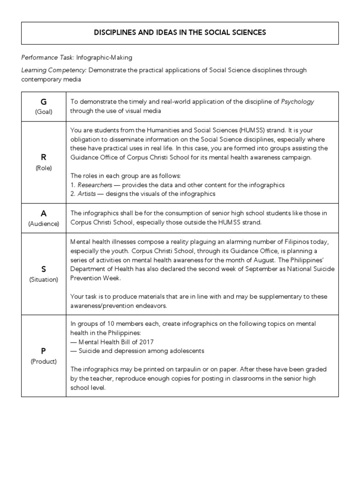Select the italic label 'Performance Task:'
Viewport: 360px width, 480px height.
click(47, 58)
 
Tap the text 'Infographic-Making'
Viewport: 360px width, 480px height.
click(104, 58)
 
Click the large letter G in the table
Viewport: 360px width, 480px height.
click(44, 102)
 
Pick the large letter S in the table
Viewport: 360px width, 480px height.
click(44, 269)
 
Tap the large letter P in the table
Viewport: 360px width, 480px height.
click(44, 351)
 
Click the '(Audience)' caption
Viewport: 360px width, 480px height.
click(44, 224)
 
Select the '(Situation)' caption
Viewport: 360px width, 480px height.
click(44, 279)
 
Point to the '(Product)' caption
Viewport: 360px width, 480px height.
click(44, 361)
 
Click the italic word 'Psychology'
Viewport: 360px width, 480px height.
click(298, 102)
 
